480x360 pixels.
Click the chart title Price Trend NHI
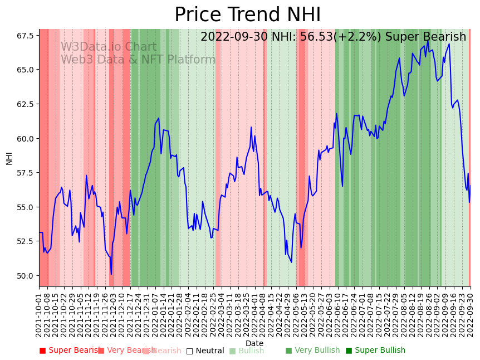(239, 15)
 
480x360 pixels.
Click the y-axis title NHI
(9, 158)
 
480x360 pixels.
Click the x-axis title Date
(254, 343)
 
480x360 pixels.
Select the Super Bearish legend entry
(70, 351)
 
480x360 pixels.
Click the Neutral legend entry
(205, 351)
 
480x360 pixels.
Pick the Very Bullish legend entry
(312, 351)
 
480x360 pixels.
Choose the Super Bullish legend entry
(375, 351)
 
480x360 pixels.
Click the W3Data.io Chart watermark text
(109, 47)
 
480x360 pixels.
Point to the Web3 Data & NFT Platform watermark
(138, 60)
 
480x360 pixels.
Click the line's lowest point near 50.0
(111, 274)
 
